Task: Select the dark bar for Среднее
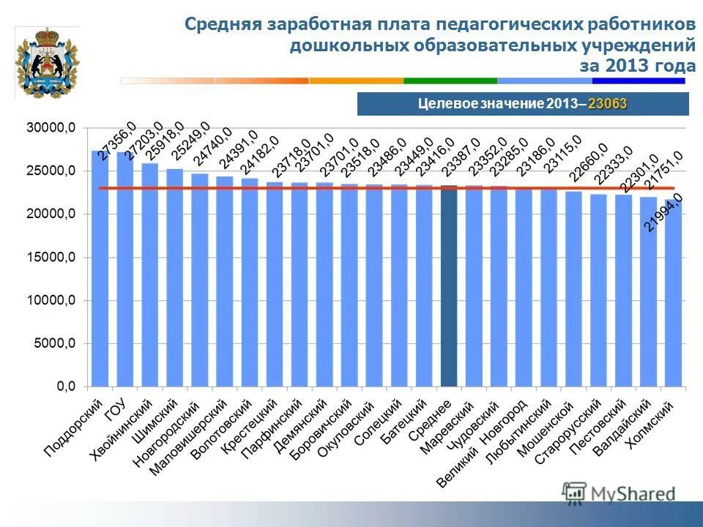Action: [x=449, y=285]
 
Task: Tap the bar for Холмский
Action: [x=673, y=293]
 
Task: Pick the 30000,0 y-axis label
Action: [x=51, y=128]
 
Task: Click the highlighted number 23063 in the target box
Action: [x=607, y=104]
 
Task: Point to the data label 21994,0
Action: [x=663, y=213]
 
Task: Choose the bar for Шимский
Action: [x=175, y=277]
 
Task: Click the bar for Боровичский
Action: [x=349, y=285]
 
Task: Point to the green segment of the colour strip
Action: [x=450, y=81]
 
